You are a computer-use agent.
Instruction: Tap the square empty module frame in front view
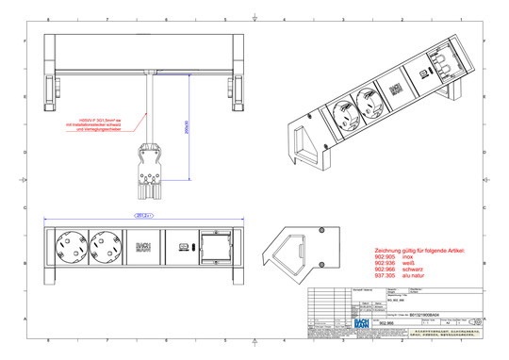click(x=209, y=248)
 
